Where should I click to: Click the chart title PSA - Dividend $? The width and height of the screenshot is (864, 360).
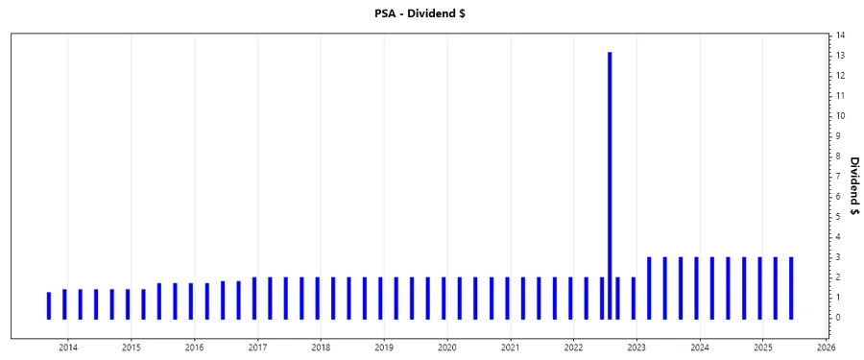[431, 12]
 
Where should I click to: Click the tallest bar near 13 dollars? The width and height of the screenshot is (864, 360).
[610, 182]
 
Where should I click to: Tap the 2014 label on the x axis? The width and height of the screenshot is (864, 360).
[68, 348]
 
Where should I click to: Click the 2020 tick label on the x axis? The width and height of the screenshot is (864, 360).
[447, 348]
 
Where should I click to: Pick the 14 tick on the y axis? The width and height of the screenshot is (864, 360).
[840, 36]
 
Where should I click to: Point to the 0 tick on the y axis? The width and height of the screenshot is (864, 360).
[838, 318]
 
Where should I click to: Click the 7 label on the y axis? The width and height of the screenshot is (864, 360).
[838, 177]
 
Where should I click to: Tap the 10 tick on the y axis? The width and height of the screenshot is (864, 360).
[840, 116]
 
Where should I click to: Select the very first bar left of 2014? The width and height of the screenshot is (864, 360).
[49, 305]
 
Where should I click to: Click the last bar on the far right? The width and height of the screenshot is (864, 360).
[791, 288]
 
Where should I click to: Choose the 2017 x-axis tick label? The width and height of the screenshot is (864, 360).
[257, 348]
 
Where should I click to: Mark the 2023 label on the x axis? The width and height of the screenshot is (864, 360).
[636, 348]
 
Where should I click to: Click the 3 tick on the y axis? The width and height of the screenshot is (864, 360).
[838, 257]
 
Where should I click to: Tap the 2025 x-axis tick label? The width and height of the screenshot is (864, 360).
[763, 348]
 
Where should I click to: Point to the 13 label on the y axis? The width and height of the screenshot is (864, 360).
[840, 56]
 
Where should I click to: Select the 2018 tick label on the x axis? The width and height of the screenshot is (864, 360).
[321, 348]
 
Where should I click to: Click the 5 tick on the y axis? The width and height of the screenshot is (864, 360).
[838, 217]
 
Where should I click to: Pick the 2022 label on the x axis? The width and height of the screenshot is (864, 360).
[573, 348]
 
